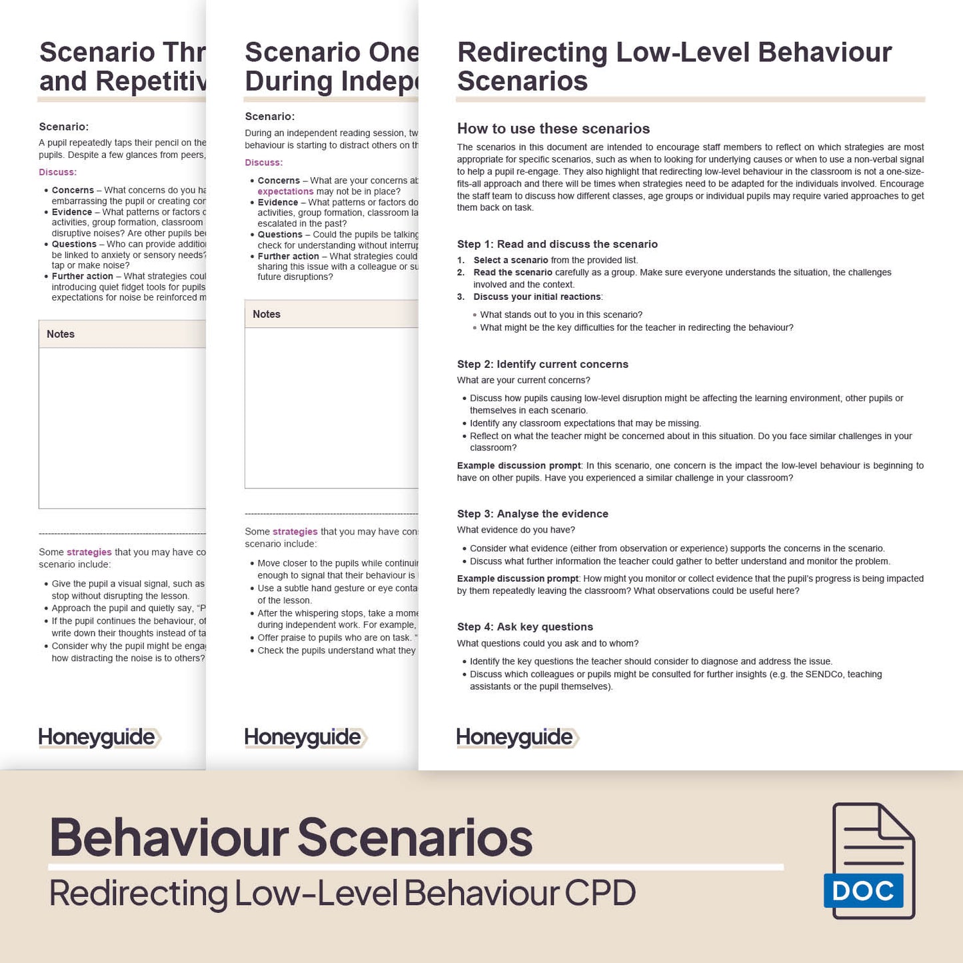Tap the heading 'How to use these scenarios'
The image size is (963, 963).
[x=553, y=129]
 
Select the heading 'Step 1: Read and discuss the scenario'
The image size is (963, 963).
[x=557, y=244]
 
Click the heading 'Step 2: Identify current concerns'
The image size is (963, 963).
[x=542, y=364]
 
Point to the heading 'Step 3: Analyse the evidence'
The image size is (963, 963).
[x=532, y=514]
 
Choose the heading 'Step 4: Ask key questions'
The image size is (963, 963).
[x=524, y=626]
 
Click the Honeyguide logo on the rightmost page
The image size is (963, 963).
[x=517, y=737]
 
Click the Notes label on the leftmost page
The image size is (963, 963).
[x=61, y=334]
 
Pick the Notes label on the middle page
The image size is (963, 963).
[x=267, y=314]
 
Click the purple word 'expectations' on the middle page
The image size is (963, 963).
[x=285, y=191]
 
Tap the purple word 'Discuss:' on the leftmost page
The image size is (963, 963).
[x=57, y=172]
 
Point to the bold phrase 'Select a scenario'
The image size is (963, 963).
[x=510, y=260]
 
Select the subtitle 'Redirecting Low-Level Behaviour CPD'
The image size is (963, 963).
[x=343, y=893]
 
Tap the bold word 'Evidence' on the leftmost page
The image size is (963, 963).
[x=72, y=212]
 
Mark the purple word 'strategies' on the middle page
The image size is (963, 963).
[x=295, y=532]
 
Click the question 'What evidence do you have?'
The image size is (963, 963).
[x=516, y=530]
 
